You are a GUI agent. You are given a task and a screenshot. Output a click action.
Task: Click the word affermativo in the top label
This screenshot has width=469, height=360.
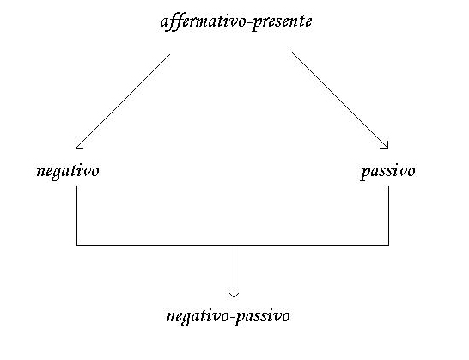(203, 21)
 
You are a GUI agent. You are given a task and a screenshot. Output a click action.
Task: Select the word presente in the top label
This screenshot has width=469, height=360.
(281, 22)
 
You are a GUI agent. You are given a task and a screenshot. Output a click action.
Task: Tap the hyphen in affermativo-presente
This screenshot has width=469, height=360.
(248, 22)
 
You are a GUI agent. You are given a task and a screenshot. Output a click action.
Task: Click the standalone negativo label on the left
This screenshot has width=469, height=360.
(68, 172)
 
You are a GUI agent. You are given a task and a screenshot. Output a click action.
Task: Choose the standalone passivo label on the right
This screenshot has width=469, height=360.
(387, 172)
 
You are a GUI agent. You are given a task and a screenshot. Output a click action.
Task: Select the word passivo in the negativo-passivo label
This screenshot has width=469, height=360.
(262, 316)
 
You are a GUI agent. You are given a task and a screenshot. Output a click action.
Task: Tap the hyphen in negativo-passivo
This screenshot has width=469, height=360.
(231, 317)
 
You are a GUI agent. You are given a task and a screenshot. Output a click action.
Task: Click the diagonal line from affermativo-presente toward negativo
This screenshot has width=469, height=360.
(123, 101)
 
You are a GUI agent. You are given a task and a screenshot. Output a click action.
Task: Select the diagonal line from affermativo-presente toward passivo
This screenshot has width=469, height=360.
(339, 100)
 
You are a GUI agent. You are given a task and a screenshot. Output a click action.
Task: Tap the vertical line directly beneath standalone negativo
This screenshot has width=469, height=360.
(76, 216)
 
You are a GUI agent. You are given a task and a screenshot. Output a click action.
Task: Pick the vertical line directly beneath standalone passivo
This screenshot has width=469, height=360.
(388, 216)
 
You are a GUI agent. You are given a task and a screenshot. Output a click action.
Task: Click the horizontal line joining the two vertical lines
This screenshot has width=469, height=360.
(233, 245)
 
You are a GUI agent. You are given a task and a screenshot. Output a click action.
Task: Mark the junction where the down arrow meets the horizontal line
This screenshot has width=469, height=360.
(234, 245)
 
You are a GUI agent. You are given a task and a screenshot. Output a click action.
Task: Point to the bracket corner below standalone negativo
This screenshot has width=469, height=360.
(76, 245)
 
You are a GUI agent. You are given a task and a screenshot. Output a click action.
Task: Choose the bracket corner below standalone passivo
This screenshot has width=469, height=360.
(388, 245)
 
